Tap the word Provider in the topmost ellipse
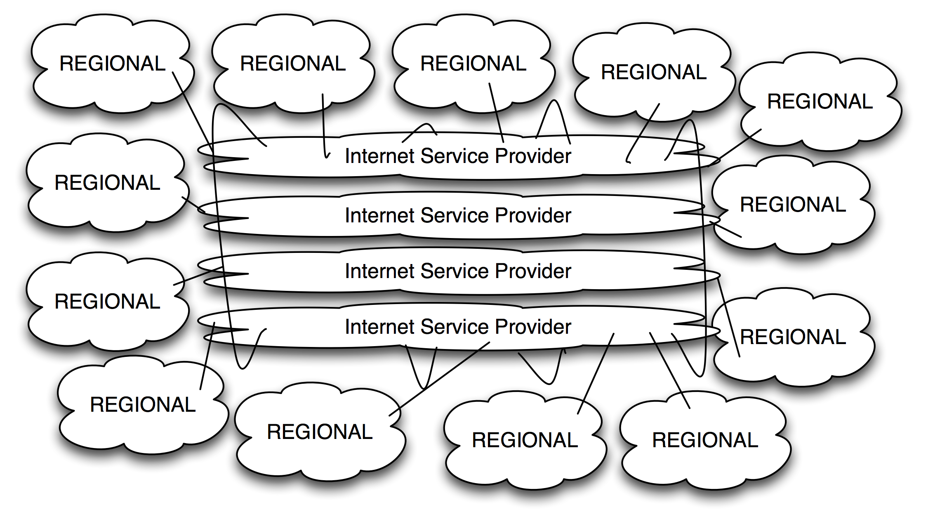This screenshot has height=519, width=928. [533, 156]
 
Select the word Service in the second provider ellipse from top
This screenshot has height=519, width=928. [457, 215]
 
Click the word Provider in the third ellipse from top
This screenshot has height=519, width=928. [533, 271]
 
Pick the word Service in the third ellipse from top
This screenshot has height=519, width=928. [457, 271]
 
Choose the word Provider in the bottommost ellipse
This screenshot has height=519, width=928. [533, 327]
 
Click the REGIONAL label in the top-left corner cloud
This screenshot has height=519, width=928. [112, 64]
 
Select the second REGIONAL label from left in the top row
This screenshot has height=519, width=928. [293, 64]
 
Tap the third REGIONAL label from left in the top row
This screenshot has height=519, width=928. [473, 64]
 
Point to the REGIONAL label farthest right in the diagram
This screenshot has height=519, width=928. [820, 101]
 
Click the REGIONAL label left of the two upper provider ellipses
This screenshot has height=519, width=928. [107, 183]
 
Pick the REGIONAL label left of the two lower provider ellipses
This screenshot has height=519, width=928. [107, 301]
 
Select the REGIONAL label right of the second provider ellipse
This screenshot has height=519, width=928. [793, 205]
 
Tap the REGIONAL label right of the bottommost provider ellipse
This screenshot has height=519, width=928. [793, 337]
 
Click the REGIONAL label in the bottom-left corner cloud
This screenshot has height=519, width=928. [143, 404]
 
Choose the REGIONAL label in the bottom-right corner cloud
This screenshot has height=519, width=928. [705, 440]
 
